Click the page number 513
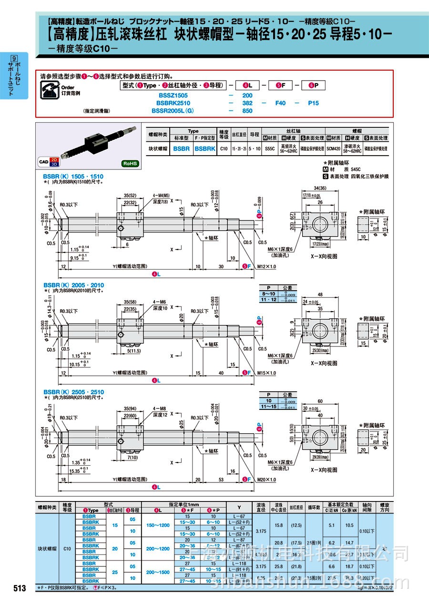[20, 588]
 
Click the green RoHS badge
[130, 163]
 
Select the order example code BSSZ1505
[173, 95]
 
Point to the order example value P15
[313, 103]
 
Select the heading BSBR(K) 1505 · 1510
[73, 177]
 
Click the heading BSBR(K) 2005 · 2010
[73, 285]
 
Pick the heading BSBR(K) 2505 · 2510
[73, 392]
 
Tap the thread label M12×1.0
[266, 266]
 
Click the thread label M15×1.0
[266, 373]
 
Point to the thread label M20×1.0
[266, 480]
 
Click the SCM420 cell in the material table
[334, 148]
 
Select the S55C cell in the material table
[269, 148]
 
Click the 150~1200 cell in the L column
[157, 525]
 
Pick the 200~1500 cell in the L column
[157, 572]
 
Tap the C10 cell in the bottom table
[67, 548]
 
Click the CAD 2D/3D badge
[48, 162]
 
